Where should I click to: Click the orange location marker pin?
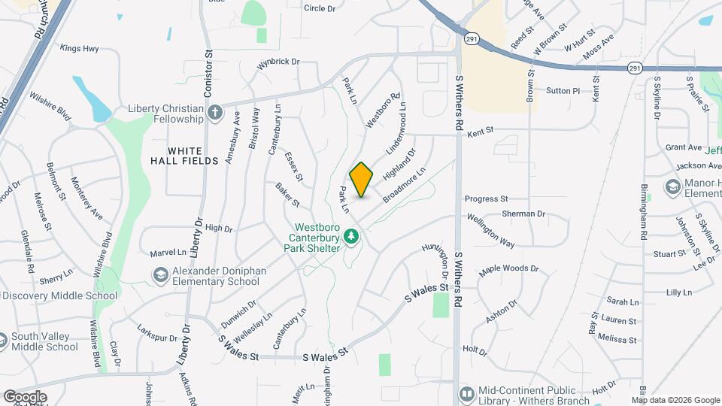click(362, 180)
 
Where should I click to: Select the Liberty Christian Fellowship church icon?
click(216, 114)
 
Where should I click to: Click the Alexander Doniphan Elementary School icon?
click(160, 275)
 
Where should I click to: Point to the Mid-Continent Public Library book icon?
click(467, 394)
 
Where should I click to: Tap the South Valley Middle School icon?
click(3, 341)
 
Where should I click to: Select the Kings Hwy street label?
click(80, 48)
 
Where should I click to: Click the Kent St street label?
click(480, 132)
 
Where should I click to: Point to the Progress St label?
click(487, 199)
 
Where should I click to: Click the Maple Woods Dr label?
click(510, 268)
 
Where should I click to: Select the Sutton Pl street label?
click(563, 91)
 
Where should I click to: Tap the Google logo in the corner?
click(24, 396)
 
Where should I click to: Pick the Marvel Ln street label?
click(168, 253)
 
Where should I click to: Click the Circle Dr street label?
click(320, 8)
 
